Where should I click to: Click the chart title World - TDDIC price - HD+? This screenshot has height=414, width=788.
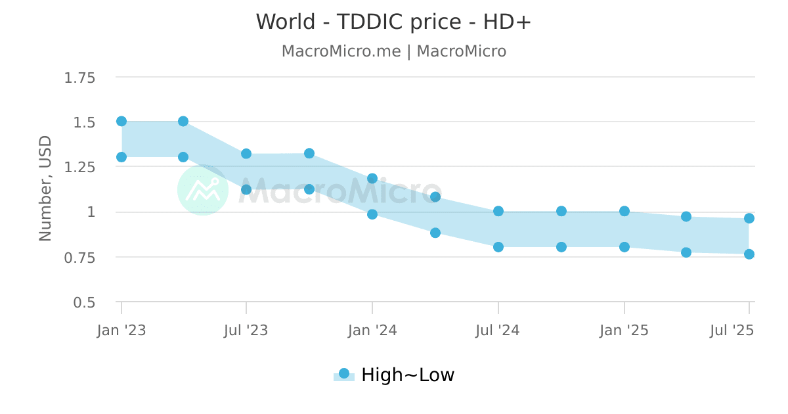(x=393, y=22)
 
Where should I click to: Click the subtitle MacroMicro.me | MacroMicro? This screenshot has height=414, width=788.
(x=393, y=51)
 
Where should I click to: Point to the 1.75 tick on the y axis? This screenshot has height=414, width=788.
(x=79, y=78)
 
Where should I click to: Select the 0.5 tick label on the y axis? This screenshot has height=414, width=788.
(x=83, y=302)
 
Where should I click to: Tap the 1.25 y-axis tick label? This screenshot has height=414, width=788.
(x=79, y=168)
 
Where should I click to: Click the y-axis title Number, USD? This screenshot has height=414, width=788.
(x=45, y=189)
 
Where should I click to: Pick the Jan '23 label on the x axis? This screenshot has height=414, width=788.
(x=121, y=331)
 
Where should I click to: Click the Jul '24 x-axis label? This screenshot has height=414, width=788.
(x=498, y=331)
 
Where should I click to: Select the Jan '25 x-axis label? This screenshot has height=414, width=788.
(x=624, y=331)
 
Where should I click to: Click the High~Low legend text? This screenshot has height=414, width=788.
(x=408, y=375)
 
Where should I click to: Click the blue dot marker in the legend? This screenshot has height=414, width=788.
(x=343, y=374)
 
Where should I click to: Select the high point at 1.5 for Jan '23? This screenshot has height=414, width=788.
(x=121, y=122)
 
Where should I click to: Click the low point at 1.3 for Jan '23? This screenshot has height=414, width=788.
(x=121, y=157)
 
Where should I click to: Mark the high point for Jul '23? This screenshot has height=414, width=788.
(x=246, y=154)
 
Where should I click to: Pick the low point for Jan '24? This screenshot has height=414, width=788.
(x=372, y=214)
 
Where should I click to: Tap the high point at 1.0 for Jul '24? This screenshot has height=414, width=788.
(x=498, y=212)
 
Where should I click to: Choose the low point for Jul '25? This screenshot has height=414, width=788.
(x=749, y=254)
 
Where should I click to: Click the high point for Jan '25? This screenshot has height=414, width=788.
(x=624, y=212)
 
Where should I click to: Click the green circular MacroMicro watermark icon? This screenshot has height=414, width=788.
(x=203, y=190)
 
